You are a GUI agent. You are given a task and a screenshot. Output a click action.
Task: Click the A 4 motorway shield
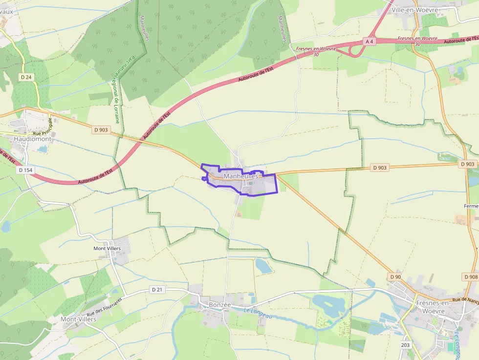click(x=370, y=42)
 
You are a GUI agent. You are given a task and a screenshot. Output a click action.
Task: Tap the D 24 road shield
click(x=26, y=77)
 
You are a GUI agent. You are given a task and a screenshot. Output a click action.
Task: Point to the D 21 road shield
click(x=157, y=290)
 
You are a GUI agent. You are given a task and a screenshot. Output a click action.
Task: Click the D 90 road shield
click(x=395, y=277)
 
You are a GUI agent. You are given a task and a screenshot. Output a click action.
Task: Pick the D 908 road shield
click(x=471, y=277)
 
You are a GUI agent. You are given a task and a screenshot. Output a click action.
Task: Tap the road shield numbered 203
click(x=405, y=345)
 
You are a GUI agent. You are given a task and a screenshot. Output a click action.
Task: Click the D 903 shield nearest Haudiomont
click(x=101, y=130)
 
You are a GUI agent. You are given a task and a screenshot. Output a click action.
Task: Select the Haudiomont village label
click(x=33, y=139)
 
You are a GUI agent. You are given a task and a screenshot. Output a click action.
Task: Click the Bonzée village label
click(x=219, y=304)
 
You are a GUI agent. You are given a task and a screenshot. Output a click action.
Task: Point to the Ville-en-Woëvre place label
click(x=418, y=10)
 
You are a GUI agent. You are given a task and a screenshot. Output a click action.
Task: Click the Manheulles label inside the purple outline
click(x=240, y=176)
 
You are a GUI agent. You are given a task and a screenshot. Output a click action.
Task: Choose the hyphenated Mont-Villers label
click(x=78, y=319)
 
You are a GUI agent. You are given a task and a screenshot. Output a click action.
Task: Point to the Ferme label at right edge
click(x=471, y=206)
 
